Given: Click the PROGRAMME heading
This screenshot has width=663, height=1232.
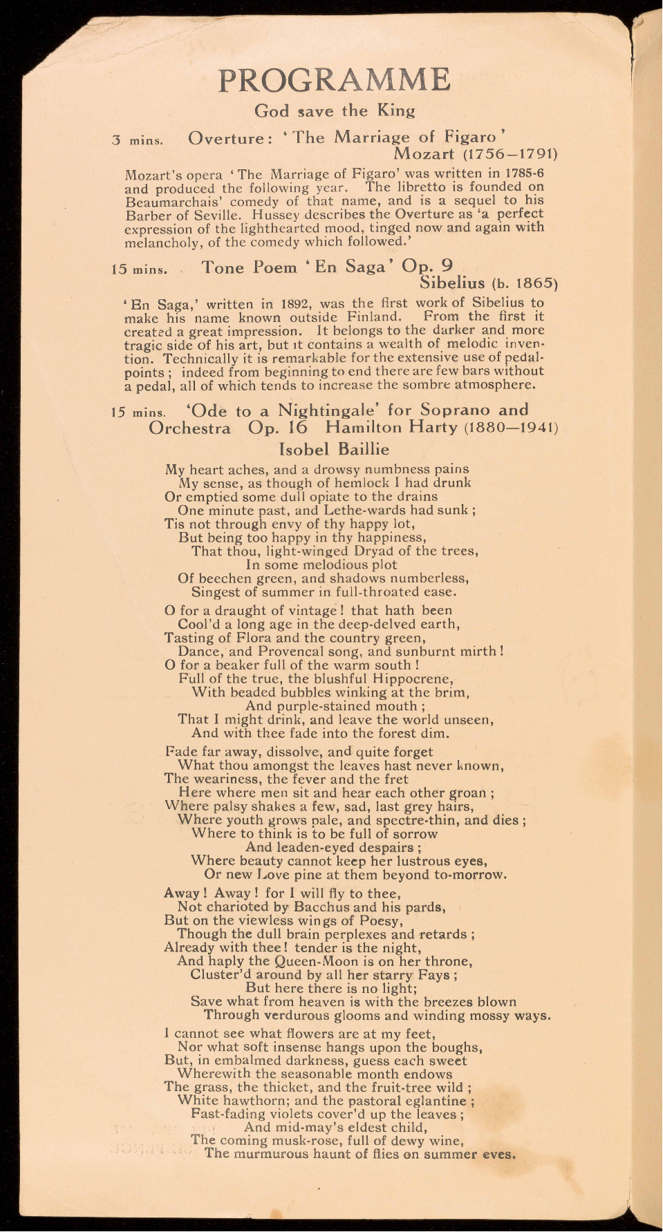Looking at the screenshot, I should [334, 80].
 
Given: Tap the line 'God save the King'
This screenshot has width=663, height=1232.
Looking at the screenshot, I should [335, 111].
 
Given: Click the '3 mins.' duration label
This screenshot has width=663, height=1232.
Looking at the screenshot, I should [138, 140].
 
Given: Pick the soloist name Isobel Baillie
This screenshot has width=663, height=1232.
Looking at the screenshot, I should [334, 449].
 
